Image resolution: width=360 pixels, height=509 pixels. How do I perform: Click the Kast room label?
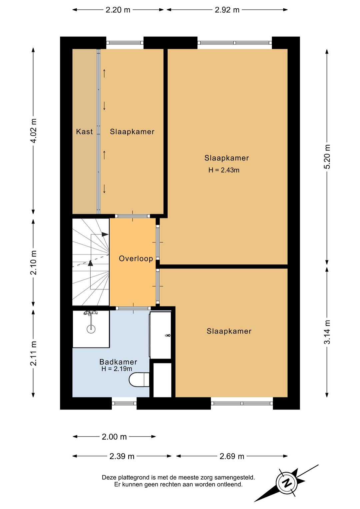84,131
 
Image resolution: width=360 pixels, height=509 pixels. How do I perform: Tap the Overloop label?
136,259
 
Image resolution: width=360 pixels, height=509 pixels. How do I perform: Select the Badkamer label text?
118,362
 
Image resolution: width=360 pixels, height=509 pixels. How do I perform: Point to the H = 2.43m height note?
224,170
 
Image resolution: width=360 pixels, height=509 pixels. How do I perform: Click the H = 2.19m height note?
117,369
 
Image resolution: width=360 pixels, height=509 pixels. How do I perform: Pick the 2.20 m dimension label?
118,10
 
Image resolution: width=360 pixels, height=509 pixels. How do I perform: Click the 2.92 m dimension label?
227,10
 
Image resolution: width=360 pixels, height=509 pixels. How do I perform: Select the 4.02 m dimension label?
34,131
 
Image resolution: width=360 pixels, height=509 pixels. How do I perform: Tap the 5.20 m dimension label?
327,156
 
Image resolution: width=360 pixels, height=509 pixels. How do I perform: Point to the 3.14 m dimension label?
327,332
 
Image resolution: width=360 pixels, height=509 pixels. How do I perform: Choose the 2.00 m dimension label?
114,437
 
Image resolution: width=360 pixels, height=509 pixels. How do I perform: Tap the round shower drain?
91,329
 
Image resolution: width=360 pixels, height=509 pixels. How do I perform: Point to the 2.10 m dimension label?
34,263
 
